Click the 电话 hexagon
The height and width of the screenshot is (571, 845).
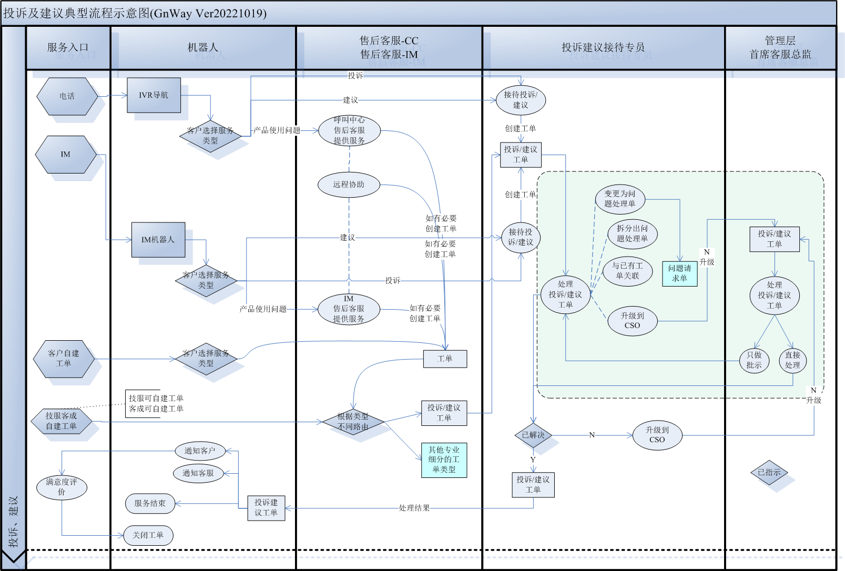67,96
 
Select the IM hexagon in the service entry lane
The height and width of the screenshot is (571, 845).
66,154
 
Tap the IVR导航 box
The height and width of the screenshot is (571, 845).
154,95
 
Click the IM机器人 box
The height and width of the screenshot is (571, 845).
158,239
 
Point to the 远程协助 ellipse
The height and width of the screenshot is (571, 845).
349,185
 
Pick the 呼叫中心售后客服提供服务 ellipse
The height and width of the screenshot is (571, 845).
349,130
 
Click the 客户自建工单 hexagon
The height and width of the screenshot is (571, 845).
64,359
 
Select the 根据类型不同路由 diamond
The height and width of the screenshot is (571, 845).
353,422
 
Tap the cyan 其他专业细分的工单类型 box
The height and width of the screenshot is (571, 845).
444,460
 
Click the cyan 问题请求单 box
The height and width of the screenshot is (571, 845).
679,273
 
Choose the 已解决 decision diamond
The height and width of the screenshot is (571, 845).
533,435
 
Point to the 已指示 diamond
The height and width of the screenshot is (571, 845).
769,472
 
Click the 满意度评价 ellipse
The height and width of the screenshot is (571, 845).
62,487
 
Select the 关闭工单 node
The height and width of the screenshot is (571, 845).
148,535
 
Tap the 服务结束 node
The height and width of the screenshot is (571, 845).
150,503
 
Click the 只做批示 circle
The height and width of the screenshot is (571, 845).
754,360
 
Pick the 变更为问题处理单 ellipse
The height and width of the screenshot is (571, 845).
620,199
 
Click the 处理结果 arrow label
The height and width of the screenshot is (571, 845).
414,507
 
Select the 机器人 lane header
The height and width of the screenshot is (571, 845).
203,47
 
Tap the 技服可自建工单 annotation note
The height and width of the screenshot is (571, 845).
156,404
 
